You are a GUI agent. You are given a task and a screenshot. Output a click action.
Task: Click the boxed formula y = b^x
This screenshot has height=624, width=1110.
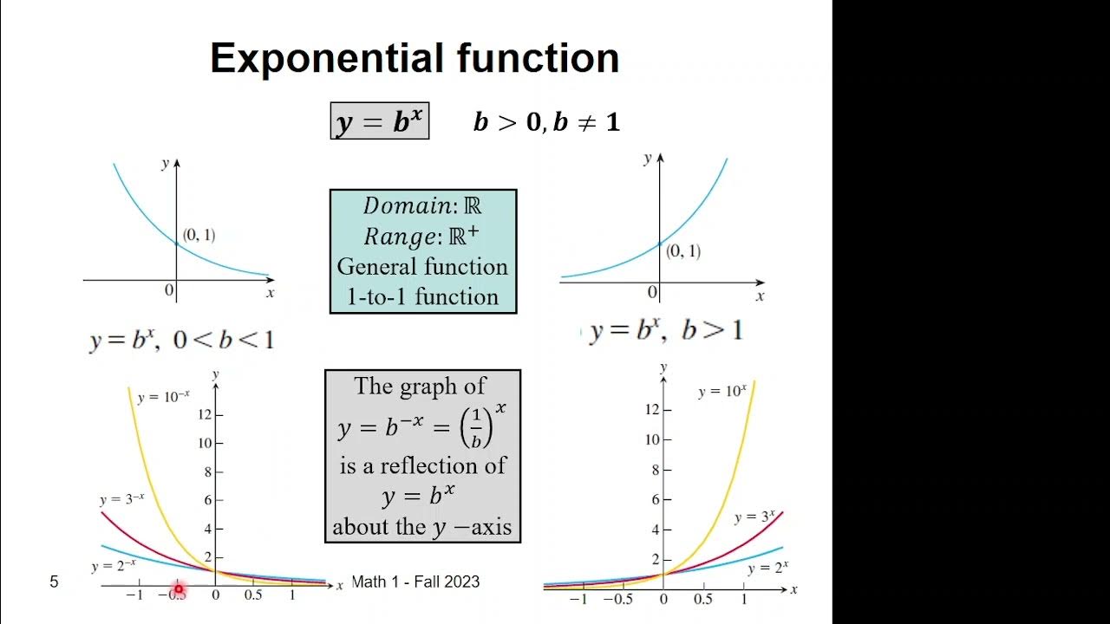click(379, 121)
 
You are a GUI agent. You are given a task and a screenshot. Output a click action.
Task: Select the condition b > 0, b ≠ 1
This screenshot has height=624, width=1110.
click(546, 122)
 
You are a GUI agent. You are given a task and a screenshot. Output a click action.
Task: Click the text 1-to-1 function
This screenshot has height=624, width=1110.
click(422, 296)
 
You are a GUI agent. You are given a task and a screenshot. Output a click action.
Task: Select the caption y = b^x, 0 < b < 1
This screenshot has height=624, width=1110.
click(181, 340)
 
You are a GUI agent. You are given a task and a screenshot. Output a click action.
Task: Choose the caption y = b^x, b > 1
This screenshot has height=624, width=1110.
click(665, 331)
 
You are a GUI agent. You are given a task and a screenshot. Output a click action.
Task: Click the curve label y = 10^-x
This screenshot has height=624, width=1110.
click(163, 397)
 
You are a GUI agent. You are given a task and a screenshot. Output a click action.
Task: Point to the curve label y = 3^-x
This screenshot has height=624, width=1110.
click(121, 499)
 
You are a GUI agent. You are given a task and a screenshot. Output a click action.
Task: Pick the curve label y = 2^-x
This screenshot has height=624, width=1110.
click(113, 567)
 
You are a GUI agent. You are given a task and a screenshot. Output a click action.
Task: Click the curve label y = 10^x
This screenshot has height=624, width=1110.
click(721, 392)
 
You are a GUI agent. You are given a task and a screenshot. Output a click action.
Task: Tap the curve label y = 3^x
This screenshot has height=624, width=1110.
click(754, 517)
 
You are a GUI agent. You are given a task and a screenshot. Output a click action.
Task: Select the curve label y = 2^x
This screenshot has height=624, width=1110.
click(767, 568)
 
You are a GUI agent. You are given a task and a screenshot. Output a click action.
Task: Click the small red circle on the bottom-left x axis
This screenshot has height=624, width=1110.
click(179, 589)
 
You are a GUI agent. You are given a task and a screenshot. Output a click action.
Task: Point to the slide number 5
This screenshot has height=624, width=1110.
click(54, 582)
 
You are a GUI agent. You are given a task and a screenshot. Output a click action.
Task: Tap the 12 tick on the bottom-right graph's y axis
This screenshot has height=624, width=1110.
click(652, 409)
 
